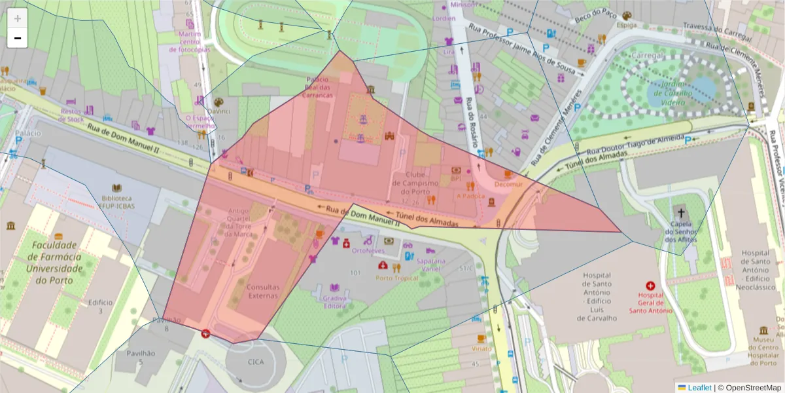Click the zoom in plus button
coord(18,18)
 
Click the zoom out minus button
coord(18,39)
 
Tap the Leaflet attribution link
coord(699,388)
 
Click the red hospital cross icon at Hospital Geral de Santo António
coord(650,286)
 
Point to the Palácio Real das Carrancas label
coord(319,86)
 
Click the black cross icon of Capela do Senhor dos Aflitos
coord(681,213)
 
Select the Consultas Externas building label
coord(264,291)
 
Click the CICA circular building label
coord(256,362)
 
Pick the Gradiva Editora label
coord(334,302)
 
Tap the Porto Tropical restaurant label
coord(396,278)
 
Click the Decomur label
coord(509,185)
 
